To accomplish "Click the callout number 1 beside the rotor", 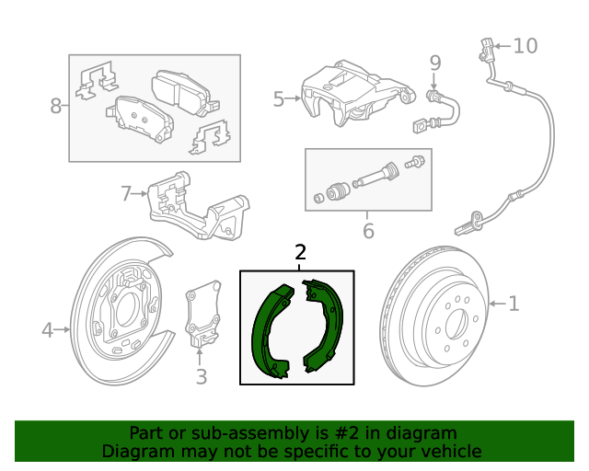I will [514, 303].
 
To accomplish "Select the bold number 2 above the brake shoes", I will [299, 252].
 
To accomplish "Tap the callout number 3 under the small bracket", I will [202, 375].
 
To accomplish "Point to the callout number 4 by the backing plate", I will [47, 329].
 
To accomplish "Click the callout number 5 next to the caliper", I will [279, 98].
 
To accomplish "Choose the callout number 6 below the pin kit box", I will [368, 231].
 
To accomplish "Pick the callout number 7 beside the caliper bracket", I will [127, 193].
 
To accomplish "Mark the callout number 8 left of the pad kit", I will [56, 106].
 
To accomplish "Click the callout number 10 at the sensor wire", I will [524, 45].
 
